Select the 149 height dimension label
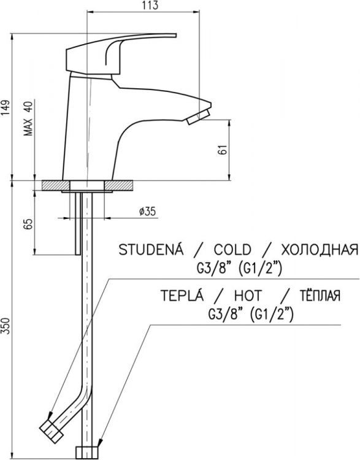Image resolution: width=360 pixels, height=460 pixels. pyautogui.click(x=6, y=107)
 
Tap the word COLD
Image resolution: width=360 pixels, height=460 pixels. pyautogui.click(x=232, y=250)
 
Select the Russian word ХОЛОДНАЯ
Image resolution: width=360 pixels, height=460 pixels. pyautogui.click(x=319, y=250)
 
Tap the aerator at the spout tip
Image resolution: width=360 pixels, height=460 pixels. pyautogui.click(x=200, y=114)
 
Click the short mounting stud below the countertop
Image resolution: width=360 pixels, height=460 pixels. pyautogui.click(x=78, y=224)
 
